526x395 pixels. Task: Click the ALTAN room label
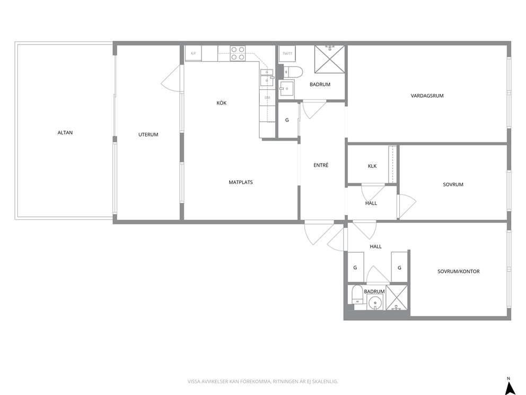point(65,133)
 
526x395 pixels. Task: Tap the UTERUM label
point(148,135)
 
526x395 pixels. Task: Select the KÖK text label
point(222,103)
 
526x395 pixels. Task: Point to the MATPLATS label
point(241,183)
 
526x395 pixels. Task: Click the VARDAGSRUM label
point(427,96)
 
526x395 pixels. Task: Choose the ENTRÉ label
point(321,165)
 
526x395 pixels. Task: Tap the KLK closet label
point(372,166)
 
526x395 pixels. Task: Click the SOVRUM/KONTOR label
point(459,271)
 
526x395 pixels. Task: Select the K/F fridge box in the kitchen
point(194,54)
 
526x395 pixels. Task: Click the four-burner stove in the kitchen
point(238,54)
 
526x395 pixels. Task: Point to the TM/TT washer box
point(287,54)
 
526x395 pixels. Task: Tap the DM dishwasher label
point(267,98)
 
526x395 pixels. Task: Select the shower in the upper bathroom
point(329,59)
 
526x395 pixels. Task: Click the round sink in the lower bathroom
point(374,304)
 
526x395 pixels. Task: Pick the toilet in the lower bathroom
point(356,295)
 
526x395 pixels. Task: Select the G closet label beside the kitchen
point(287,120)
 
